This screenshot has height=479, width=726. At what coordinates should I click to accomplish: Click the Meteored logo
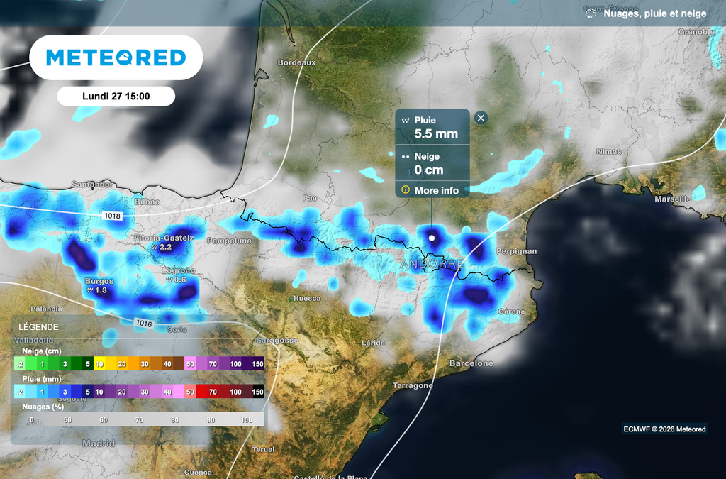[x=116, y=57]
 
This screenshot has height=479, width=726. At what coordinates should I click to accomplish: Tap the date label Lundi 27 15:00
[x=116, y=96]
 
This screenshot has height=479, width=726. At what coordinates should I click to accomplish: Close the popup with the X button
[x=481, y=118]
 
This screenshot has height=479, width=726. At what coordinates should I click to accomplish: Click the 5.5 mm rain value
[x=436, y=133]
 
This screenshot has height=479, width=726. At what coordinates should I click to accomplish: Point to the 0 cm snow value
[x=429, y=170]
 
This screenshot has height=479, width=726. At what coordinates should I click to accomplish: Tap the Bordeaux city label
[x=296, y=62]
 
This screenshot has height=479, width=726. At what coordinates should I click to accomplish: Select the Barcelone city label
[x=471, y=363]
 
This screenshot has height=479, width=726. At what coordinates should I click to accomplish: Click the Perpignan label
[x=518, y=251]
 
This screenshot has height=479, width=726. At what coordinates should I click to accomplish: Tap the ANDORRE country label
[x=432, y=265]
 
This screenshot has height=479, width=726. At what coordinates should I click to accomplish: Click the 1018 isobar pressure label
[x=112, y=214]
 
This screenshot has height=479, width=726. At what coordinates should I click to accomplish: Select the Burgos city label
[x=99, y=282]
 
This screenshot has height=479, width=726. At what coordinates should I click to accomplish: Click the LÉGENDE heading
[x=38, y=327]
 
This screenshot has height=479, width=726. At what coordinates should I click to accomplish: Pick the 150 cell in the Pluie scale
[x=258, y=392]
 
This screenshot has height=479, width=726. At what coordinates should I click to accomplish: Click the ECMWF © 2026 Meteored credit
[x=664, y=429]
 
